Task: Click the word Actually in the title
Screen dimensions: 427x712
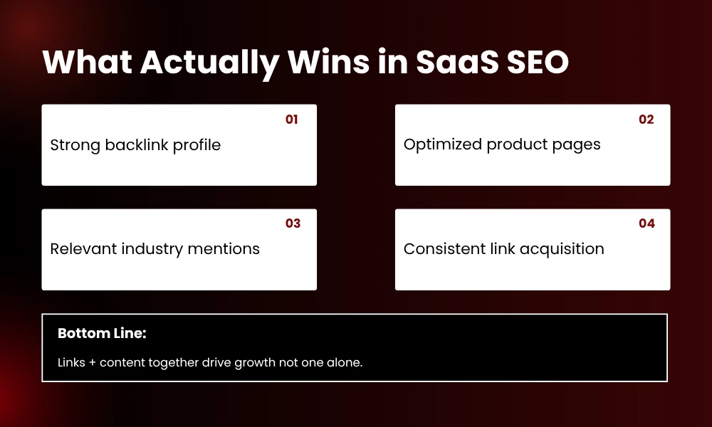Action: (209, 63)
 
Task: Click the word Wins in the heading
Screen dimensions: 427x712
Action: (325, 63)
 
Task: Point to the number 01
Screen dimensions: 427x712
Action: (292, 120)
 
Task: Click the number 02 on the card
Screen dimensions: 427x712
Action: (646, 120)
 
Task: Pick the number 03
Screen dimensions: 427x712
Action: (293, 223)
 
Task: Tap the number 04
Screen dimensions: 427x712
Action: (646, 223)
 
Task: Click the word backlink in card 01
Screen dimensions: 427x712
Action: (135, 145)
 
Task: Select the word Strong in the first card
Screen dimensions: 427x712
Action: (75, 145)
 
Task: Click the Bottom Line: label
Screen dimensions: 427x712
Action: (102, 334)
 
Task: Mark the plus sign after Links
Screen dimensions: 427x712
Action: (90, 363)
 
